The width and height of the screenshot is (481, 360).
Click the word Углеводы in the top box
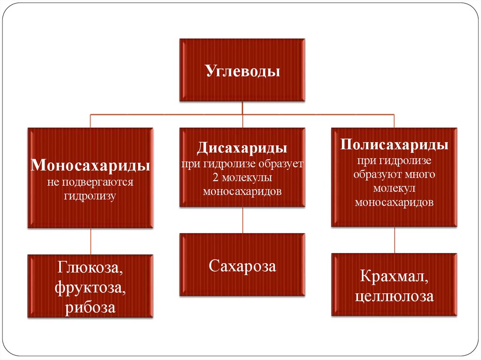point(242,71)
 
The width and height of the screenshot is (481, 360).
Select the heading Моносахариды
point(90,166)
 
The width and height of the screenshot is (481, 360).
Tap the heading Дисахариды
point(242,148)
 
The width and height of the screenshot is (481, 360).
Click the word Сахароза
point(242,266)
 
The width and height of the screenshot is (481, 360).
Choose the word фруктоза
point(90,288)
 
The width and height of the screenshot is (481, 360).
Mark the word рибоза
point(90,307)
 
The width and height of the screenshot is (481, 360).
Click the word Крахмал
point(394,276)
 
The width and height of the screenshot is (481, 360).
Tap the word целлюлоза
point(394,296)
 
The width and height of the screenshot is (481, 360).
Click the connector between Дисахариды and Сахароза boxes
point(242,220)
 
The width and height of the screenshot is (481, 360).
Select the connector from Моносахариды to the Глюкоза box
point(91,241)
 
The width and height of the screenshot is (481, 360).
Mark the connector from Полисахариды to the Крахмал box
point(394,240)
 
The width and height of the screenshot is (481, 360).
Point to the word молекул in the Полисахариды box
point(394,189)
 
